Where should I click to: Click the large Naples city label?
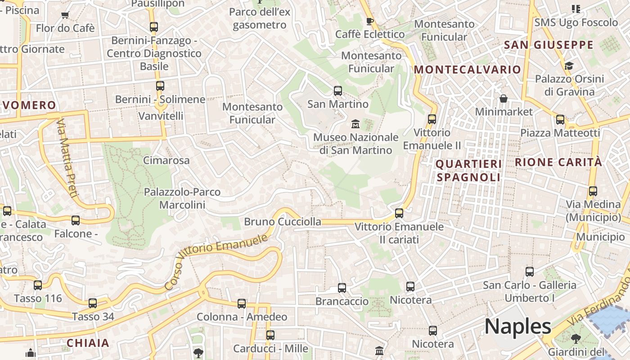(517, 326)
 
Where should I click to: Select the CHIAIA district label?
(88, 343)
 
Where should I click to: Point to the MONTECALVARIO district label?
(468, 70)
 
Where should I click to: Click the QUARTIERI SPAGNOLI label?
(468, 171)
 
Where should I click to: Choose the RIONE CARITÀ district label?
(558, 162)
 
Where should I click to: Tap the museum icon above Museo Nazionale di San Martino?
(355, 123)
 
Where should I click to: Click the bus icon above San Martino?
(338, 91)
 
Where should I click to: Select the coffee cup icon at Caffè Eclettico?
(370, 21)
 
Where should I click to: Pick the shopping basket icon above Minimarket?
(503, 99)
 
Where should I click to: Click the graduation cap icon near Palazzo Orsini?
(569, 66)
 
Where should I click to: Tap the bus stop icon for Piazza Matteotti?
(560, 120)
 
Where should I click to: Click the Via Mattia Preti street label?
(67, 158)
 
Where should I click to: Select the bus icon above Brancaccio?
(342, 288)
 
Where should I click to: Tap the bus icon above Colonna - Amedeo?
(242, 304)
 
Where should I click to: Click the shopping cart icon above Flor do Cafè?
(65, 15)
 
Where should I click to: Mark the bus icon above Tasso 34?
(93, 303)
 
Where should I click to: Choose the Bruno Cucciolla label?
(283, 222)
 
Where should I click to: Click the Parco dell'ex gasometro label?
(260, 18)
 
